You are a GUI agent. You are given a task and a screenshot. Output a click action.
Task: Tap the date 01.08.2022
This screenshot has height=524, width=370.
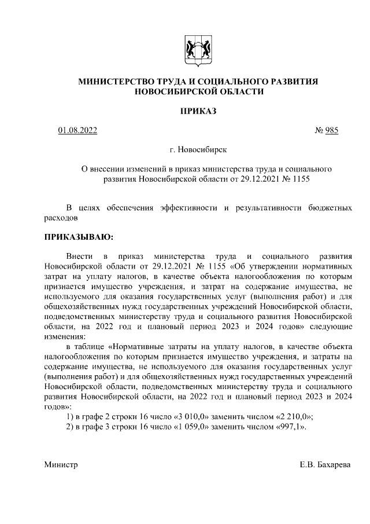click(x=77, y=130)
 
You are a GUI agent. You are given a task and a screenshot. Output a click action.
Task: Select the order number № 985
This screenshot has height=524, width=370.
click(x=326, y=130)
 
